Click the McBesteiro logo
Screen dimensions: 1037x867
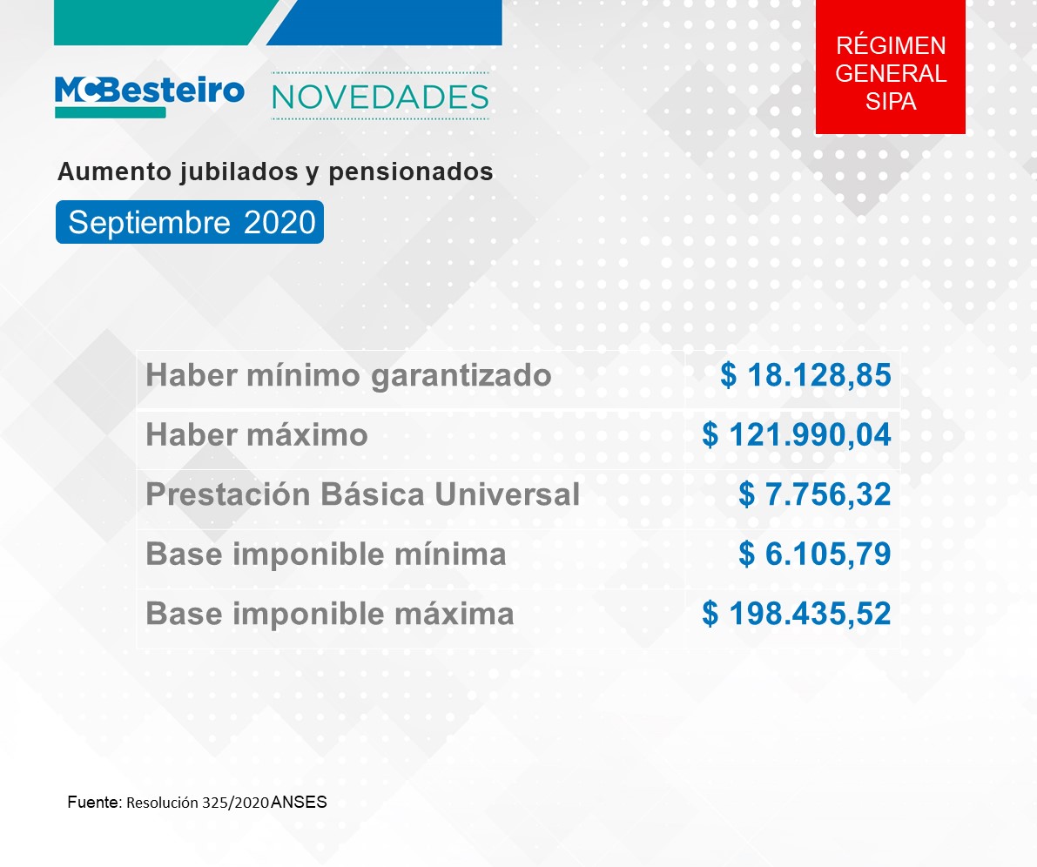[x=150, y=97]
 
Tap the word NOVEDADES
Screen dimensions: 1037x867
[x=380, y=97]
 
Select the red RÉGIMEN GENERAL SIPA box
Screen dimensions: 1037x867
[x=890, y=67]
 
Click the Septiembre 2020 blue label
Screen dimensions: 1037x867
[x=190, y=222]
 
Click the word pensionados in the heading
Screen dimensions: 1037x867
[x=411, y=172]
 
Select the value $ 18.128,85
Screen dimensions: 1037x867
[x=805, y=375]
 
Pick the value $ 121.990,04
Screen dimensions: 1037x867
[x=797, y=434]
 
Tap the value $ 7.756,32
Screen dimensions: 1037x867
[x=815, y=494]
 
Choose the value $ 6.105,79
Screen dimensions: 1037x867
[x=815, y=554]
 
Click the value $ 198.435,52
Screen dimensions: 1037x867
[x=797, y=613]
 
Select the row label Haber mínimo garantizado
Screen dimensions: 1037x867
[x=348, y=376]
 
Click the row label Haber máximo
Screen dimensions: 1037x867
[x=257, y=435]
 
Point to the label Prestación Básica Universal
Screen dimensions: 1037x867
[x=362, y=494]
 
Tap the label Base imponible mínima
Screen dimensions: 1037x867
[x=326, y=554]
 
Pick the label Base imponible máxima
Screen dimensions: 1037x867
[x=330, y=614]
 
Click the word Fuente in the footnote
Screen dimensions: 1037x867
[x=93, y=803]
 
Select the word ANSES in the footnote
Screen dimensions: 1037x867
[x=299, y=803]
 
